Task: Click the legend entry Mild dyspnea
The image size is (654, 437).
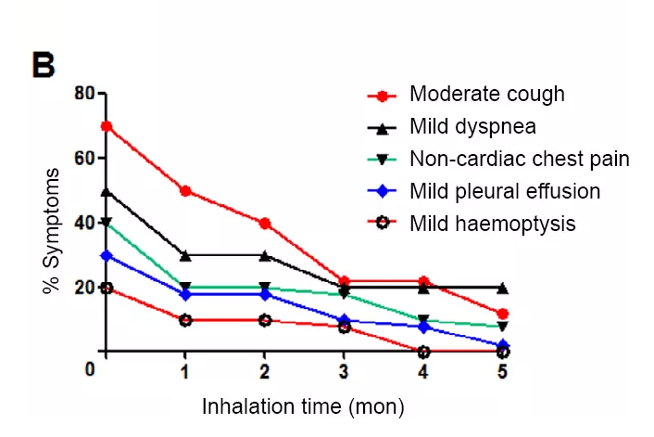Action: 472,124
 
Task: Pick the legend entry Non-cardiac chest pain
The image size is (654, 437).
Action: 519,159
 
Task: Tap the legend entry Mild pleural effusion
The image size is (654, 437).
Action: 504,191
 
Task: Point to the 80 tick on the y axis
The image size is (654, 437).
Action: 85,94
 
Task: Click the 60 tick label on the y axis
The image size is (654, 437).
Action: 85,158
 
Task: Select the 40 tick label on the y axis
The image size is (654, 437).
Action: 85,223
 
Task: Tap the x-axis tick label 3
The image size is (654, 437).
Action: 345,372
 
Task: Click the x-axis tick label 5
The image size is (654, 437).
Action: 502,372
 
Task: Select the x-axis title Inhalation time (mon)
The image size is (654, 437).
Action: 304,406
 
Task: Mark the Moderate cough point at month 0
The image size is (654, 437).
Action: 107,126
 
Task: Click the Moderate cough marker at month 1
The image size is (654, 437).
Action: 186,191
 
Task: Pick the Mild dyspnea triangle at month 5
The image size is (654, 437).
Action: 502,288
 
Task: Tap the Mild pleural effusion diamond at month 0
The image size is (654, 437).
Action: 107,255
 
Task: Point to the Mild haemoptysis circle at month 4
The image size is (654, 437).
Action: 423,353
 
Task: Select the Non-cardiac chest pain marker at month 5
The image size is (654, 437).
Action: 502,327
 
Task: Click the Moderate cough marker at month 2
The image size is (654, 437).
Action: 265,224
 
